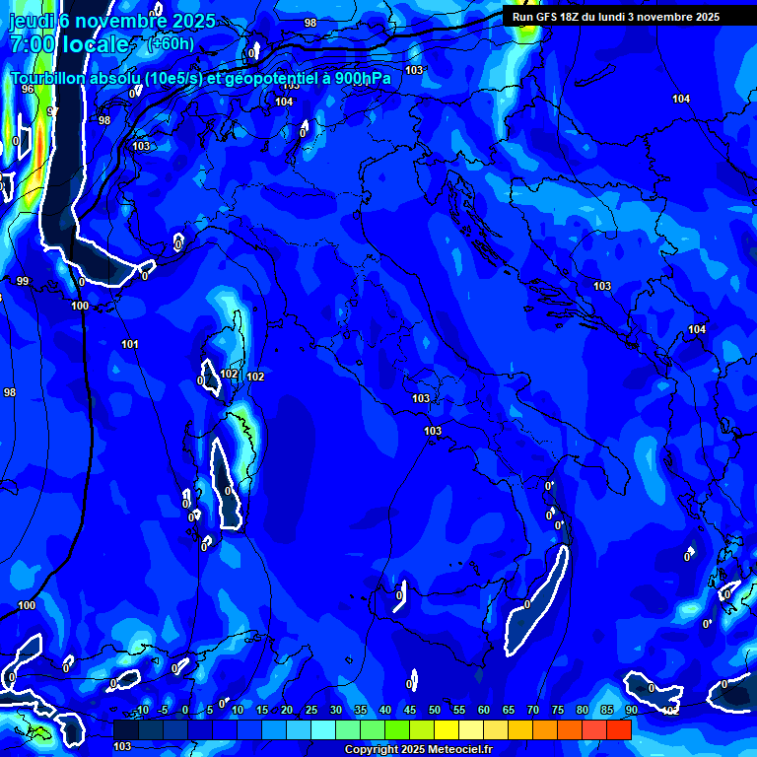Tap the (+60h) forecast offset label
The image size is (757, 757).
(x=171, y=44)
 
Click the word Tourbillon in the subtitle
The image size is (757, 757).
(x=49, y=78)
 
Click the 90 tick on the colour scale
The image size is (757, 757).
(x=631, y=711)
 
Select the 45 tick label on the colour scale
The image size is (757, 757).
(x=409, y=711)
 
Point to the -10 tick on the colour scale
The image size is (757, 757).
(x=141, y=711)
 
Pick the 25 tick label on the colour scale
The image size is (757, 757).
(x=310, y=711)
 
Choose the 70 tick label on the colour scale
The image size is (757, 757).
(x=532, y=711)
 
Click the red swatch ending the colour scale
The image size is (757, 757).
(x=619, y=729)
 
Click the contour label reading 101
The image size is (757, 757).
(x=130, y=344)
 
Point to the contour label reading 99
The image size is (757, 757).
(x=23, y=282)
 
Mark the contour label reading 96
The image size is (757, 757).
(x=28, y=89)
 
